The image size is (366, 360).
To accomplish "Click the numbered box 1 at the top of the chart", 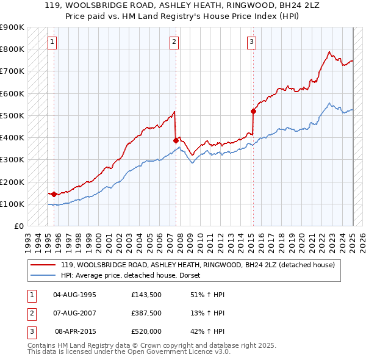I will pyautogui.click(x=52, y=42).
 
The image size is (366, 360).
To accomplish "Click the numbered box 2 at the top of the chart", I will pyautogui.click(x=174, y=42).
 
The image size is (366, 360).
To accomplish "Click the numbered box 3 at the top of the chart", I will pyautogui.click(x=252, y=42).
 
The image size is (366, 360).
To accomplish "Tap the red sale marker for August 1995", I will pyautogui.click(x=54, y=194).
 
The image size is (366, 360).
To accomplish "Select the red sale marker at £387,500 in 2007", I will pyautogui.click(x=176, y=140).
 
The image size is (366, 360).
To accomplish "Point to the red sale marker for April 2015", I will pyautogui.click(x=253, y=111).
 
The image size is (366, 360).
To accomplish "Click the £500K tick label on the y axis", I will pyautogui.click(x=12, y=115).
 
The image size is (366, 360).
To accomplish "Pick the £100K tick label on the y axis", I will pyautogui.click(x=12, y=204).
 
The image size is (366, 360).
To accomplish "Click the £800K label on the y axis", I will pyautogui.click(x=12, y=49).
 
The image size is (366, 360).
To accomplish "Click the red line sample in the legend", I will pyautogui.click(x=42, y=265).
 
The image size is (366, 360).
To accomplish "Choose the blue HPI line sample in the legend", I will pyautogui.click(x=42, y=275).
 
